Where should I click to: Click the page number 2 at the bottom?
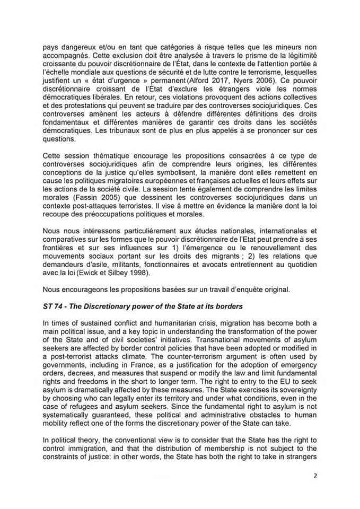[x=314, y=476]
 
